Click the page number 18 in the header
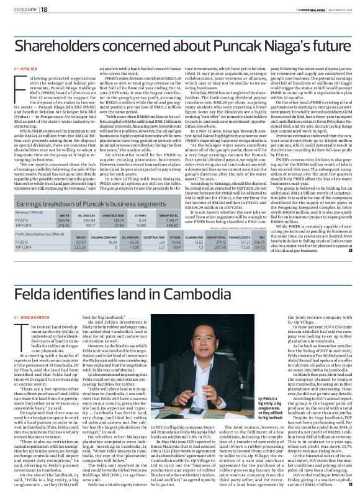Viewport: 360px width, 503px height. tap(45, 10)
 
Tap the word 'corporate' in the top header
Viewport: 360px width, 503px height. tap(23, 10)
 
